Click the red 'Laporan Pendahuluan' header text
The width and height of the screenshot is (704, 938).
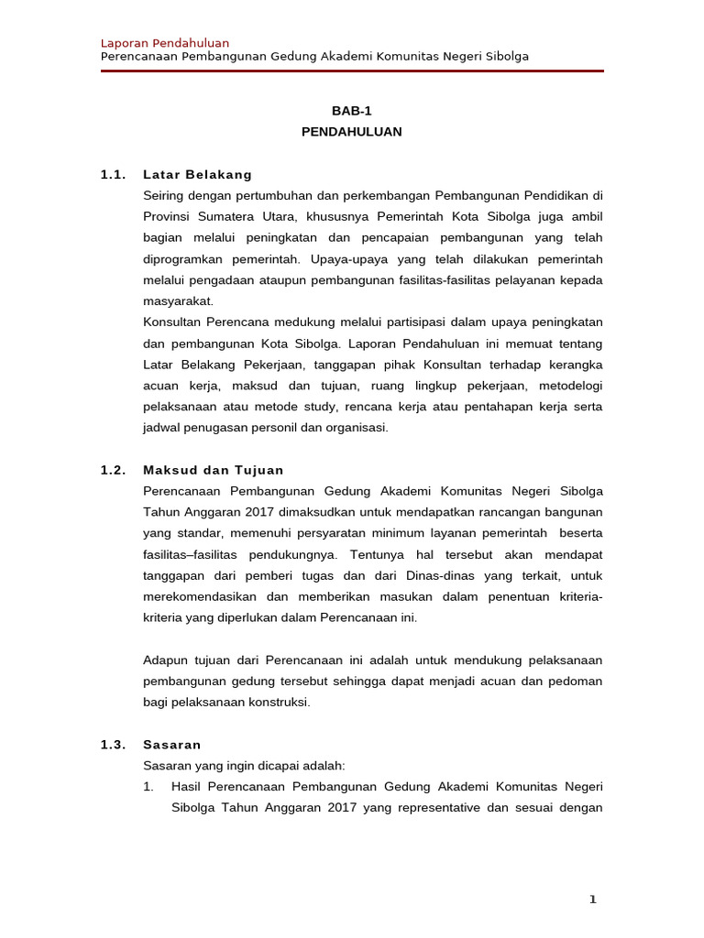point(164,43)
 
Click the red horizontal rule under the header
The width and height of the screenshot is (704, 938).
point(352,71)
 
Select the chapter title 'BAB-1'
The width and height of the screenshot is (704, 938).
point(352,111)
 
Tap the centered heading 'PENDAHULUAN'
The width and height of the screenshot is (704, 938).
point(352,132)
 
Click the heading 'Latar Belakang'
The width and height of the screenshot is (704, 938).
point(197,174)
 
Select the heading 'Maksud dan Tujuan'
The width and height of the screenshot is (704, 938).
point(214,470)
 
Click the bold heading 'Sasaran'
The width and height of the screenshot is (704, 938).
point(172,745)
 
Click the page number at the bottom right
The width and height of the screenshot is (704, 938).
point(592,900)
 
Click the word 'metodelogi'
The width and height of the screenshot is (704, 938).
point(570,386)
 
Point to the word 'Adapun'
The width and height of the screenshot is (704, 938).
point(166,660)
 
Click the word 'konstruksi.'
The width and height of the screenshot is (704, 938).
point(280,703)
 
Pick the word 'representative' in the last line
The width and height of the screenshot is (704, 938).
point(409,808)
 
